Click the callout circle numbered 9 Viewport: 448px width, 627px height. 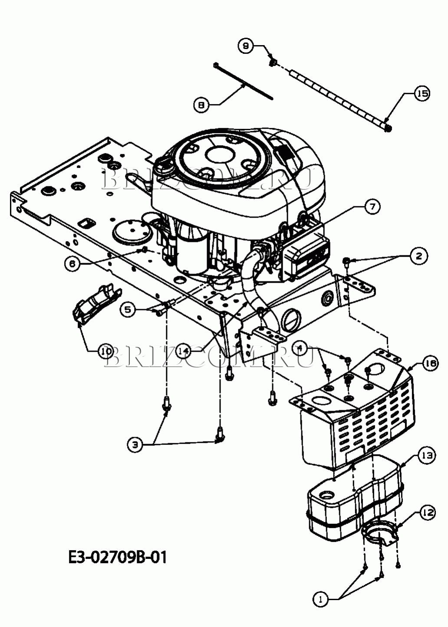[x=245, y=46]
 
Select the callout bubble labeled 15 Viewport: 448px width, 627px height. [x=422, y=93]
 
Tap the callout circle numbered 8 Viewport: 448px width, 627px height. [x=201, y=105]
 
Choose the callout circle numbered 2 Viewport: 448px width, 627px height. [x=419, y=256]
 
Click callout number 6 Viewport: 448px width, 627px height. [x=72, y=264]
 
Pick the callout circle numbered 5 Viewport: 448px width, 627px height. [x=128, y=310]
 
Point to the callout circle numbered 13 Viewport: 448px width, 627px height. [x=426, y=456]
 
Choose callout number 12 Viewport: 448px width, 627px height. [x=427, y=513]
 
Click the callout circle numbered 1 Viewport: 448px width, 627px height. [x=321, y=599]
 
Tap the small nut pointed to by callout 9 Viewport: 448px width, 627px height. [x=272, y=62]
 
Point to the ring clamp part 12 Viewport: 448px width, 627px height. [x=380, y=533]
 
